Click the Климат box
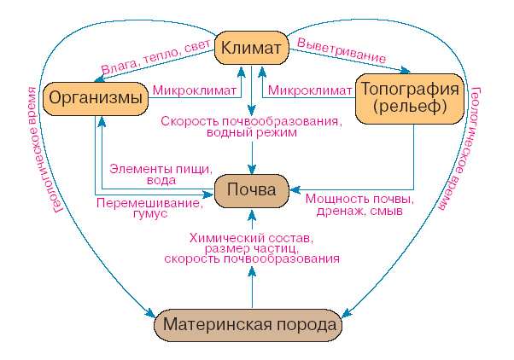click(x=251, y=49)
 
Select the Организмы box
click(x=95, y=98)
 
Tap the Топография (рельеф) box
click(x=412, y=98)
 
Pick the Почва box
click(x=252, y=189)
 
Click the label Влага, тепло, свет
click(x=156, y=57)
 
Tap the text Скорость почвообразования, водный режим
click(x=251, y=126)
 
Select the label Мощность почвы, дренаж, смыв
click(x=359, y=205)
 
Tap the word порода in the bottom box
click(x=307, y=326)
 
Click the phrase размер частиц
click(x=252, y=247)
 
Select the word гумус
click(x=149, y=216)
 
